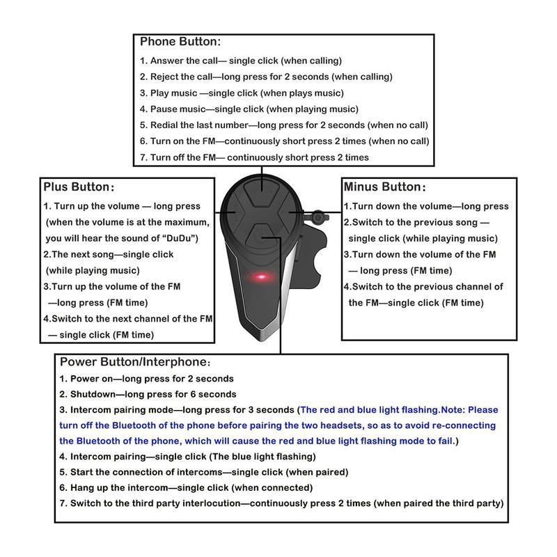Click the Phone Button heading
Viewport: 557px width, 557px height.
(180, 42)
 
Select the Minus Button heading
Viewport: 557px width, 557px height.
(383, 187)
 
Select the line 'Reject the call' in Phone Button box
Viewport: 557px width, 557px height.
(266, 77)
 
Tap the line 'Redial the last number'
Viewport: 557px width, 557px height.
(283, 125)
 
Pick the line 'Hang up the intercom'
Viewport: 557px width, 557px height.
(186, 487)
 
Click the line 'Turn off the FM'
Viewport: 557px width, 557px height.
(254, 157)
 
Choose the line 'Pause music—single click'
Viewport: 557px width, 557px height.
(249, 109)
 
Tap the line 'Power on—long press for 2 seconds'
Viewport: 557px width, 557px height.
(146, 379)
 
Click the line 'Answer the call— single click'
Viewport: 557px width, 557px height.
(240, 61)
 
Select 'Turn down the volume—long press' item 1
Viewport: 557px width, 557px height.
(426, 207)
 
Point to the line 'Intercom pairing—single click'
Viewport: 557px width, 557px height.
(187, 457)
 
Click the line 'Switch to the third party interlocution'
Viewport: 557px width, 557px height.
(281, 503)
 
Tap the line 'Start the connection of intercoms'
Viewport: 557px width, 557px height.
(203, 472)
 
